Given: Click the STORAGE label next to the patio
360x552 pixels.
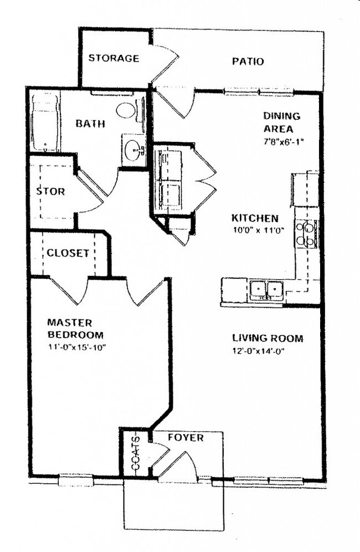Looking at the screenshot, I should [114, 58].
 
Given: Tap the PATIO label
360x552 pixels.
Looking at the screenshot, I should [248, 61].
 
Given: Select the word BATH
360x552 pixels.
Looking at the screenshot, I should [90, 124].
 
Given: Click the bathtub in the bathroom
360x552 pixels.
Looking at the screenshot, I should [44, 123].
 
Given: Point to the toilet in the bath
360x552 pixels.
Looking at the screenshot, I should [127, 110].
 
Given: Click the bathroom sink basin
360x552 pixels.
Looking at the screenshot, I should [133, 149].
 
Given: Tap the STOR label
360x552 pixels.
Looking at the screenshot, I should [50, 192].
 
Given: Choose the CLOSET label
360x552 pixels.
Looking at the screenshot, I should [68, 253].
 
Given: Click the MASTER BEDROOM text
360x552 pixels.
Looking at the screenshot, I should [75, 328].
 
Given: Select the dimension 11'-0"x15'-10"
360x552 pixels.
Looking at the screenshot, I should [76, 347].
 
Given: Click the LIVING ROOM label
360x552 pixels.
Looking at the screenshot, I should [268, 338].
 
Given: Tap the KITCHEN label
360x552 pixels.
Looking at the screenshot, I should [255, 218].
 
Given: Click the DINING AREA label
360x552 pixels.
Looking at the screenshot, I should [281, 122].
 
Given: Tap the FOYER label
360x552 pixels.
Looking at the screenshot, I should [186, 438].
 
